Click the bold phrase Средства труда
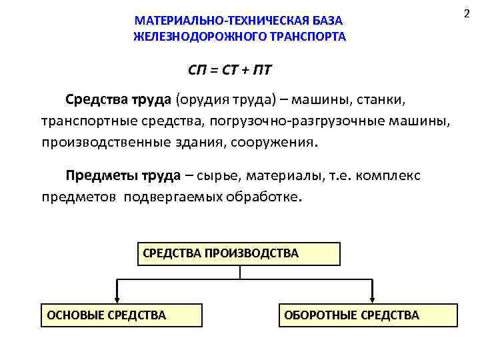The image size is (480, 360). [119, 100]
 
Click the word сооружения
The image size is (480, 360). [279, 143]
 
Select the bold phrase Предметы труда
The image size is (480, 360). [123, 176]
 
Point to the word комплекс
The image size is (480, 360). [388, 176]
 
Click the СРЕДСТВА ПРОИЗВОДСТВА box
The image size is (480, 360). [239, 253]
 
